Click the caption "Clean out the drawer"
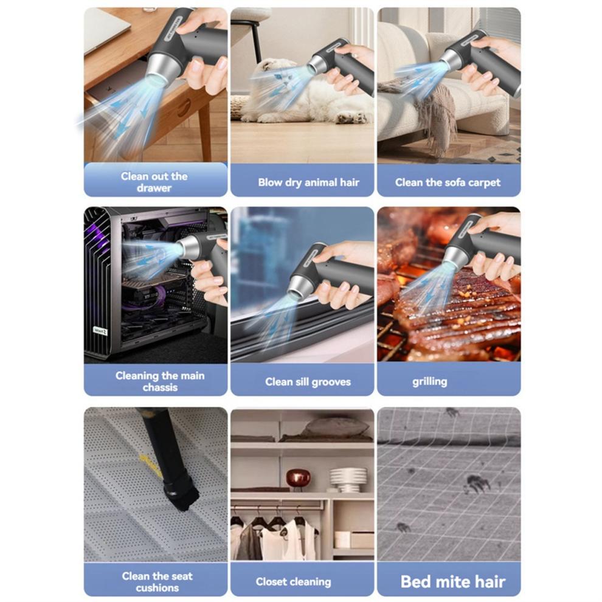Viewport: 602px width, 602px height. (154, 182)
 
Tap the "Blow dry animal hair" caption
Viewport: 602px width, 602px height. (308, 182)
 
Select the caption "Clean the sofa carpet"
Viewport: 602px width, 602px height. (448, 182)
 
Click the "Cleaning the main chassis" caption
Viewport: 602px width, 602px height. (160, 381)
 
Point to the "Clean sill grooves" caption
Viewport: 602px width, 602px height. (308, 382)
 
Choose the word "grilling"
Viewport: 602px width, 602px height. (430, 382)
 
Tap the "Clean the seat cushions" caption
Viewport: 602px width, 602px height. (157, 582)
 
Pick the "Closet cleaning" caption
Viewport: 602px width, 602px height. (293, 582)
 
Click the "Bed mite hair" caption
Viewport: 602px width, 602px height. (452, 582)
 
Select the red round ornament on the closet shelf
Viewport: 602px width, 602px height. (298, 479)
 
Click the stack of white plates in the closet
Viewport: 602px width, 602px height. (348, 479)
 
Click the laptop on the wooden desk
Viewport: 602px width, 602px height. (103, 29)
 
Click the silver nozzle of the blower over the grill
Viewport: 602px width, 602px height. (454, 255)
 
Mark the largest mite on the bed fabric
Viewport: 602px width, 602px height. (477, 483)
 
